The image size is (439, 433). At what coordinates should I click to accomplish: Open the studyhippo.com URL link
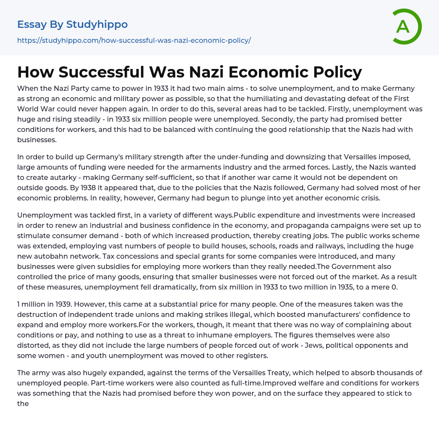point(134,41)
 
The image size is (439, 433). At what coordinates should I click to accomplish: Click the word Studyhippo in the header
point(97,24)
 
